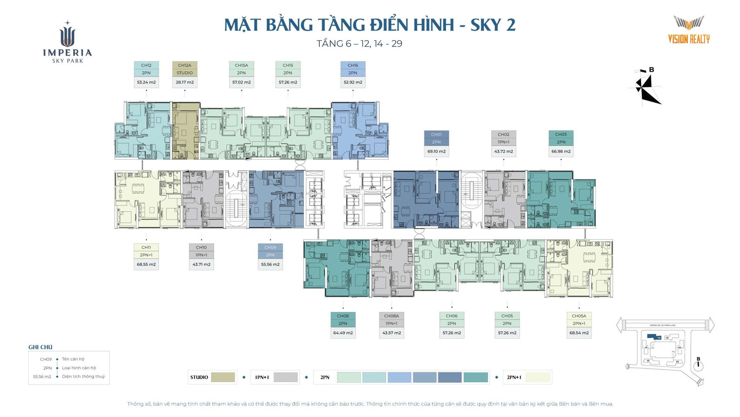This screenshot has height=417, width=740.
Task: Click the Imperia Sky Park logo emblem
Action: [67, 35]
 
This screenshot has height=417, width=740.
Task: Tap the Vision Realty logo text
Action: [689, 39]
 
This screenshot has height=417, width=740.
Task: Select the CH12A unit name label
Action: [185, 65]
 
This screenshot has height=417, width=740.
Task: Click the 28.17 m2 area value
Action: [185, 82]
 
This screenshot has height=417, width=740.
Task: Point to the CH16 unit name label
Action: [353, 65]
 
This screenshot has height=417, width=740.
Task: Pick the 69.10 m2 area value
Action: [436, 151]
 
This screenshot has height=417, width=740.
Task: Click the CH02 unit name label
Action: [503, 135]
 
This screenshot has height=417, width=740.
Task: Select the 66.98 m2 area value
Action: [561, 151]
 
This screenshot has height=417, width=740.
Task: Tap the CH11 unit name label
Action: [146, 247]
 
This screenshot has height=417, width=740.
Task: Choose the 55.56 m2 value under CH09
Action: [270, 264]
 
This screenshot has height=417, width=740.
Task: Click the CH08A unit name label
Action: [391, 316]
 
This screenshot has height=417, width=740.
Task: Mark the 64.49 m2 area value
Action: [343, 333]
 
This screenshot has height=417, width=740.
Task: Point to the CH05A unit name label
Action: [579, 316]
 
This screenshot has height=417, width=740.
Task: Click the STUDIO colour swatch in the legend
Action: [223, 377]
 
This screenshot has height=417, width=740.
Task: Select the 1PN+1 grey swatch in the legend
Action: [285, 377]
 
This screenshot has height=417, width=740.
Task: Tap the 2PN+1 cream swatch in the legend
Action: [538, 377]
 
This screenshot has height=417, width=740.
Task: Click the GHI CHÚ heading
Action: [40, 347]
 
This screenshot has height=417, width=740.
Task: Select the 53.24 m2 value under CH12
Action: [146, 82]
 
